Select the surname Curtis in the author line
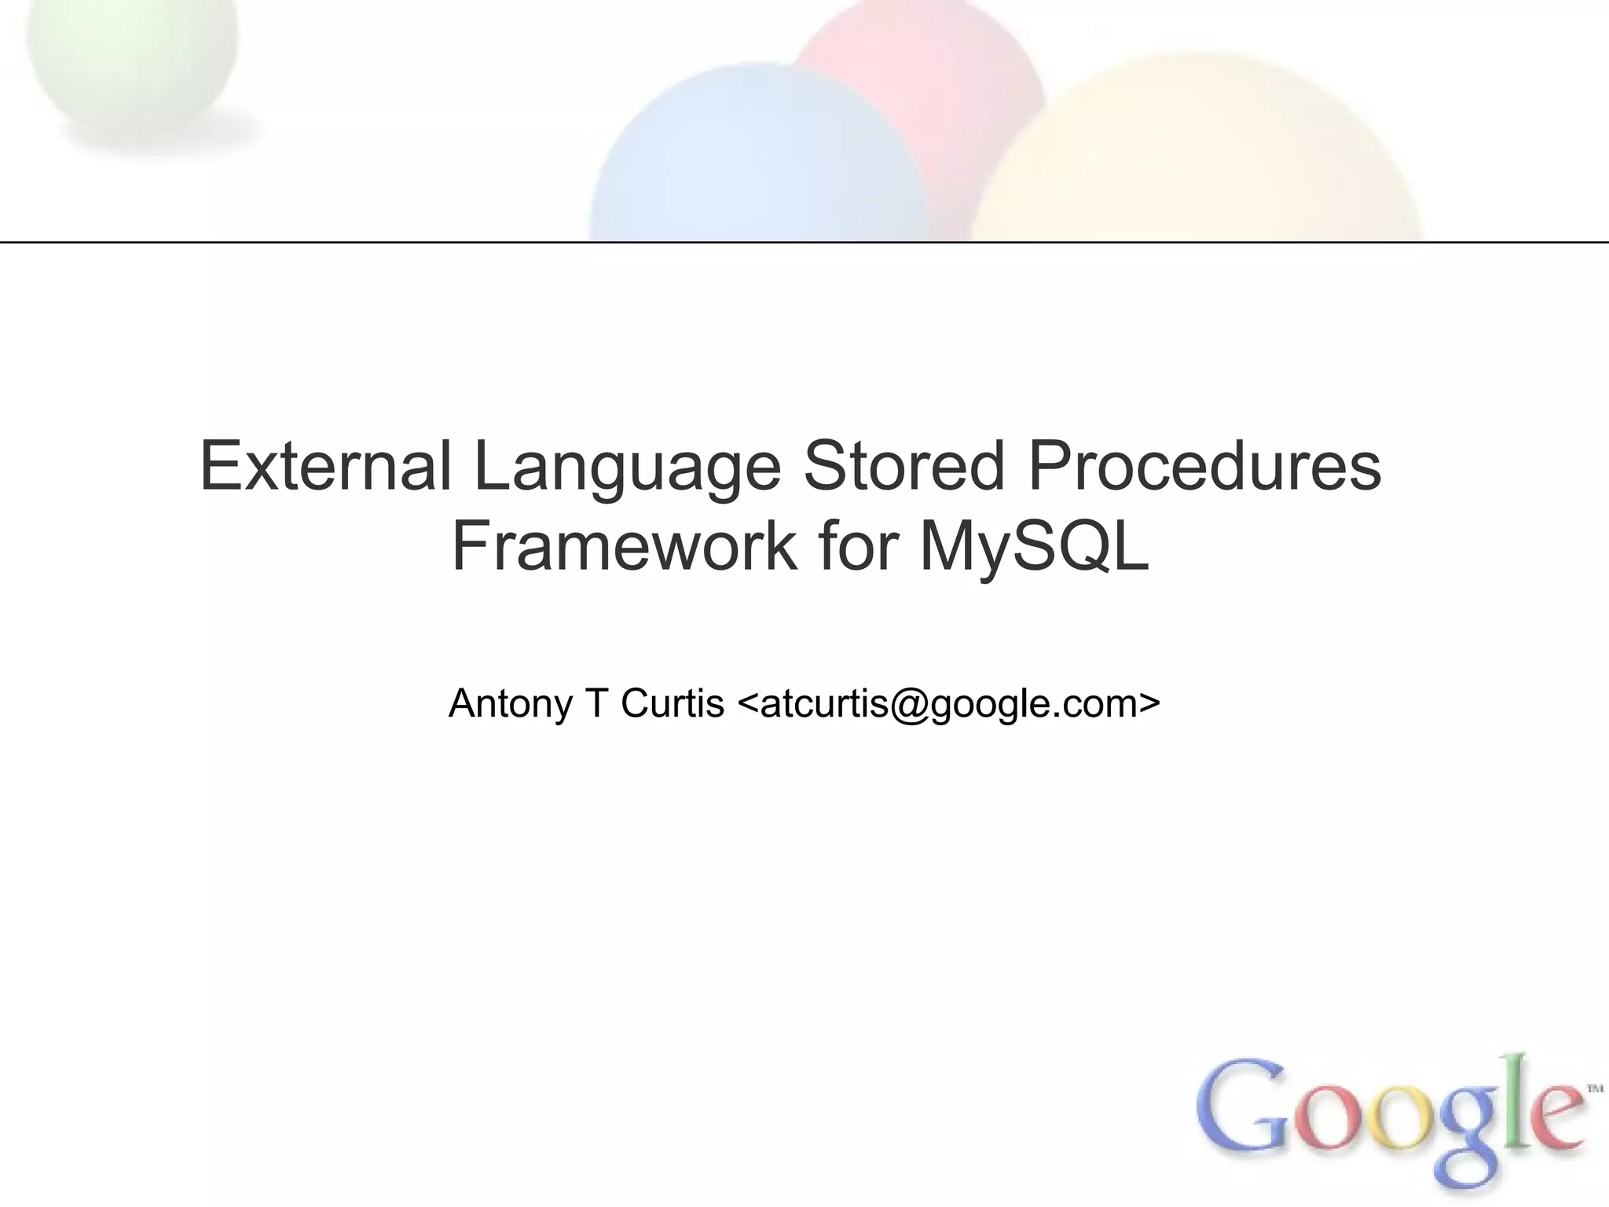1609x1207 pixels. pyautogui.click(x=673, y=703)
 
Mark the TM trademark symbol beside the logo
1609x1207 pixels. pyautogui.click(x=1595, y=1089)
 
